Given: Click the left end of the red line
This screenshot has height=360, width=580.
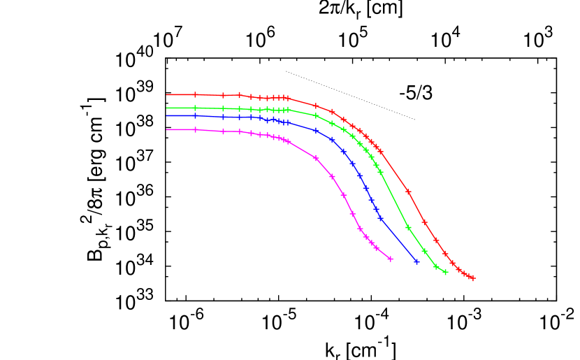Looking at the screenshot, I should (166, 94).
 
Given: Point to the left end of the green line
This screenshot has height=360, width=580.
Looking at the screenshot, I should (166, 108).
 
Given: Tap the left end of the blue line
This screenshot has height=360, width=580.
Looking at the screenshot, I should (166, 116).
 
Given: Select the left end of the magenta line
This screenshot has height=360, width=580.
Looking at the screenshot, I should (166, 130).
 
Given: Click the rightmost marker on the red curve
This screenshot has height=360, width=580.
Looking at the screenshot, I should (472, 278).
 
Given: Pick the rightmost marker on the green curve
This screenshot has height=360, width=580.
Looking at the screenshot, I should (445, 272).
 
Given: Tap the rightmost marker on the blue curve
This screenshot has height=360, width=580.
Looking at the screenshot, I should (416, 261).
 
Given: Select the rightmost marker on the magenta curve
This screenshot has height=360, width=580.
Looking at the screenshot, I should (390, 259).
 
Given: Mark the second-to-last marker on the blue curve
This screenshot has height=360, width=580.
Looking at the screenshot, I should (381, 218).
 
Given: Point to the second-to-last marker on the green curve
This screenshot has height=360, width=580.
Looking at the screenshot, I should (436, 266).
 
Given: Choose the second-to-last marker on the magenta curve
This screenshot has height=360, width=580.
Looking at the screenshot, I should (377, 248).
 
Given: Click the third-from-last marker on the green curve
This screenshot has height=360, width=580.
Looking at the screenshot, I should (424, 250).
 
